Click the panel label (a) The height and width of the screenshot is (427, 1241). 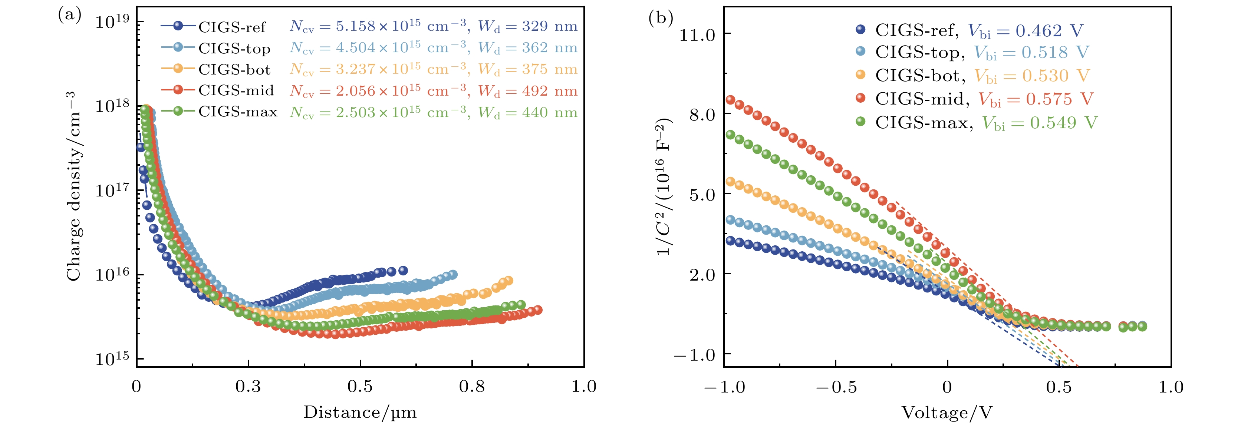69,16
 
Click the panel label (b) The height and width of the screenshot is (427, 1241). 661,18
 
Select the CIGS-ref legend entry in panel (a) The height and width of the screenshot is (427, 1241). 232,27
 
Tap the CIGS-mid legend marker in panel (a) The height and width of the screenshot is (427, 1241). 178,90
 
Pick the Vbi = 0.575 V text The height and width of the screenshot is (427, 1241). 1036,99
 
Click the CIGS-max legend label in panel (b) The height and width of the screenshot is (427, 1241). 922,123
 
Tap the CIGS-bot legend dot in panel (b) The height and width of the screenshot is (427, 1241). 860,75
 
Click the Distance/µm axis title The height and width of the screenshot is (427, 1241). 360,412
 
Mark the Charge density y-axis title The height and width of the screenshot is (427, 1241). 74,186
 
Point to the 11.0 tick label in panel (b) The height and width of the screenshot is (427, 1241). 697,35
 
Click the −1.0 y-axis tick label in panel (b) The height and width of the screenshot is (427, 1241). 694,355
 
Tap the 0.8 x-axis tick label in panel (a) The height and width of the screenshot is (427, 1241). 472,386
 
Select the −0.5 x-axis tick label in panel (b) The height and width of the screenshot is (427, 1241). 836,387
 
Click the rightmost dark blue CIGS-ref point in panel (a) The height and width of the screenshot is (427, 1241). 403,271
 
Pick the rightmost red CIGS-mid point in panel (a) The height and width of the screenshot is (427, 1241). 538,310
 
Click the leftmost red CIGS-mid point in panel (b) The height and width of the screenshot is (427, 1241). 730,100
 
